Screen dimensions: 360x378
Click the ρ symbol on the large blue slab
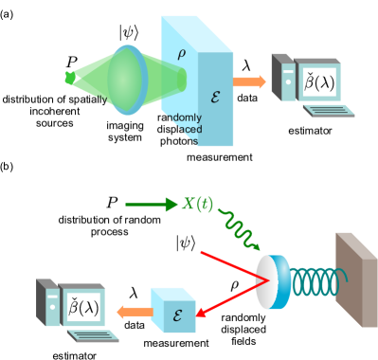coord(181,54)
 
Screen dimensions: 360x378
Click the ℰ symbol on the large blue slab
coord(215,96)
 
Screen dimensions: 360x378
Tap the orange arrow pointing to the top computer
coord(249,82)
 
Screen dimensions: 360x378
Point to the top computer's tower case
coord(282,78)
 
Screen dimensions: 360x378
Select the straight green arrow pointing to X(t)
coord(151,204)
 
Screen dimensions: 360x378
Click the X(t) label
coord(197,204)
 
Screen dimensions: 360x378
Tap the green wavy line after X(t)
coord(238,228)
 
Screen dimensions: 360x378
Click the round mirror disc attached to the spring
coord(269,282)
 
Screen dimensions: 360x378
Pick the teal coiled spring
coord(312,282)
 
